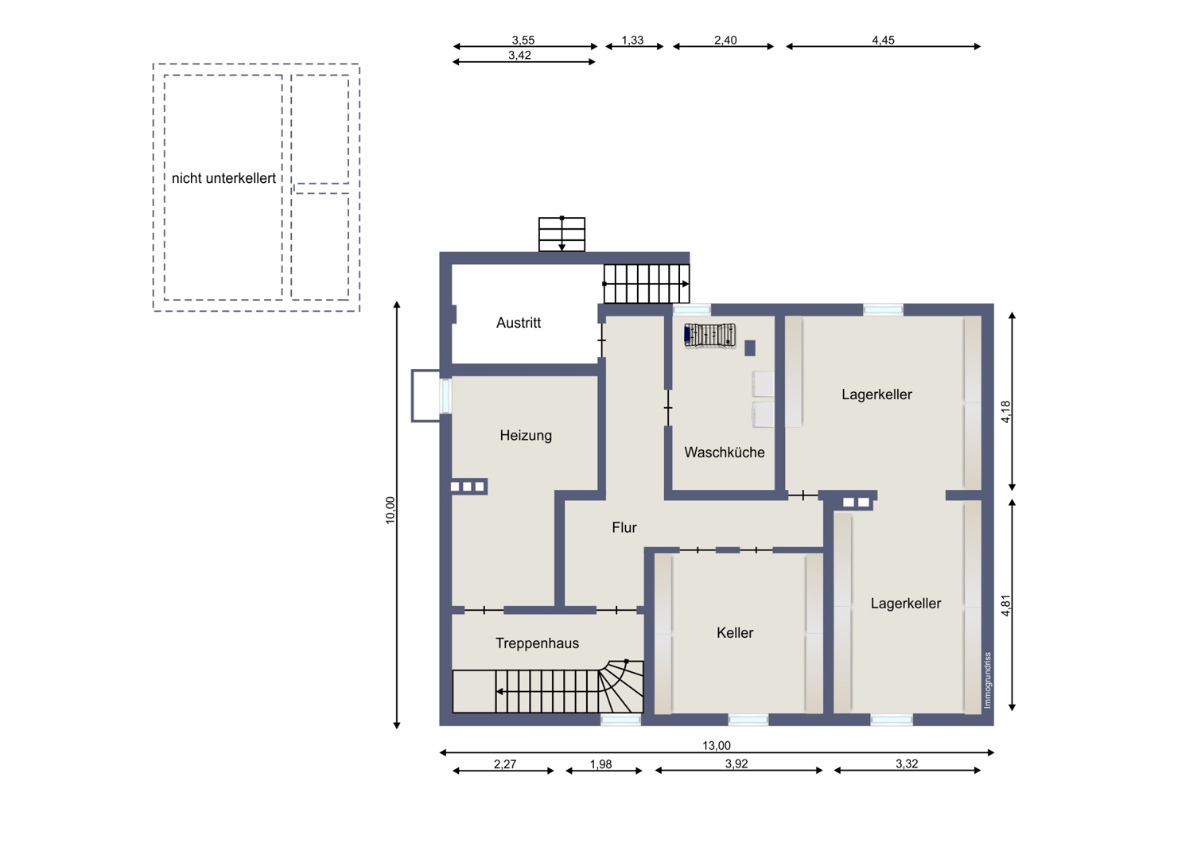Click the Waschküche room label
point(725,453)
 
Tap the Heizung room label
point(526,436)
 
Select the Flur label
point(624,527)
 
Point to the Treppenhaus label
point(537,643)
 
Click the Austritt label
point(519,323)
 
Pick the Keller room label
point(735,633)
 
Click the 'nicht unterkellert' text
point(223,178)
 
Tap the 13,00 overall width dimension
point(717,745)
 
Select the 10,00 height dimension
point(391,510)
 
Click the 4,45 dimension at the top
point(883,40)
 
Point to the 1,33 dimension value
point(633,40)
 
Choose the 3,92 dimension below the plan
point(736,763)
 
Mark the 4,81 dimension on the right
point(1005,605)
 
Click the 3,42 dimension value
point(519,56)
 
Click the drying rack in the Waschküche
point(710,336)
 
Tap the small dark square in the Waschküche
point(750,348)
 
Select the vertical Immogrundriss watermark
point(988,680)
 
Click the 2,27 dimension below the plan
point(505,764)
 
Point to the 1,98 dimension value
point(600,764)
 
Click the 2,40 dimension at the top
point(725,40)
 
